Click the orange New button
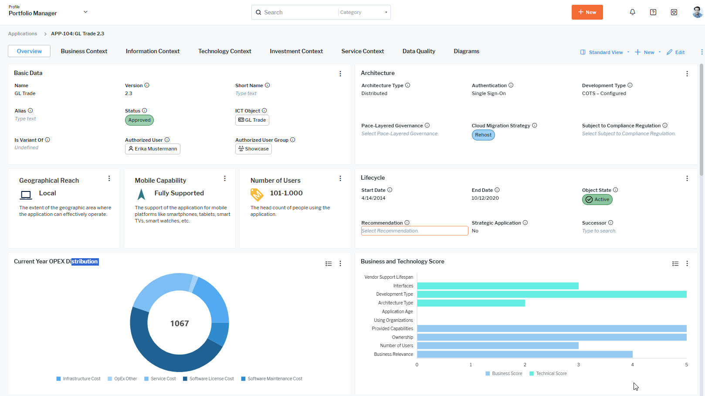coord(587,12)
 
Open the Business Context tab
coord(84,51)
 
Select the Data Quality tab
coord(418,51)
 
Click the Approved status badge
coord(139,120)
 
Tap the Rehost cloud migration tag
coord(483,135)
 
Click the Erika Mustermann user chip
coord(153,149)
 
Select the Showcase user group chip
coord(254,149)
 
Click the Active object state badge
coord(597,199)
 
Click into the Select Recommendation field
coord(414,231)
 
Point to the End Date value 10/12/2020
coord(485,198)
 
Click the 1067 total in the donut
coord(180,323)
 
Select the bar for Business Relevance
coord(525,354)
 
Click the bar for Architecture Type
coord(471,303)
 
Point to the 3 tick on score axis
coord(578,365)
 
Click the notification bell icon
coord(632,12)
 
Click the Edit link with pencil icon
coord(676,52)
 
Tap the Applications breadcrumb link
coord(23,34)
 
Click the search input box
coord(296,12)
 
